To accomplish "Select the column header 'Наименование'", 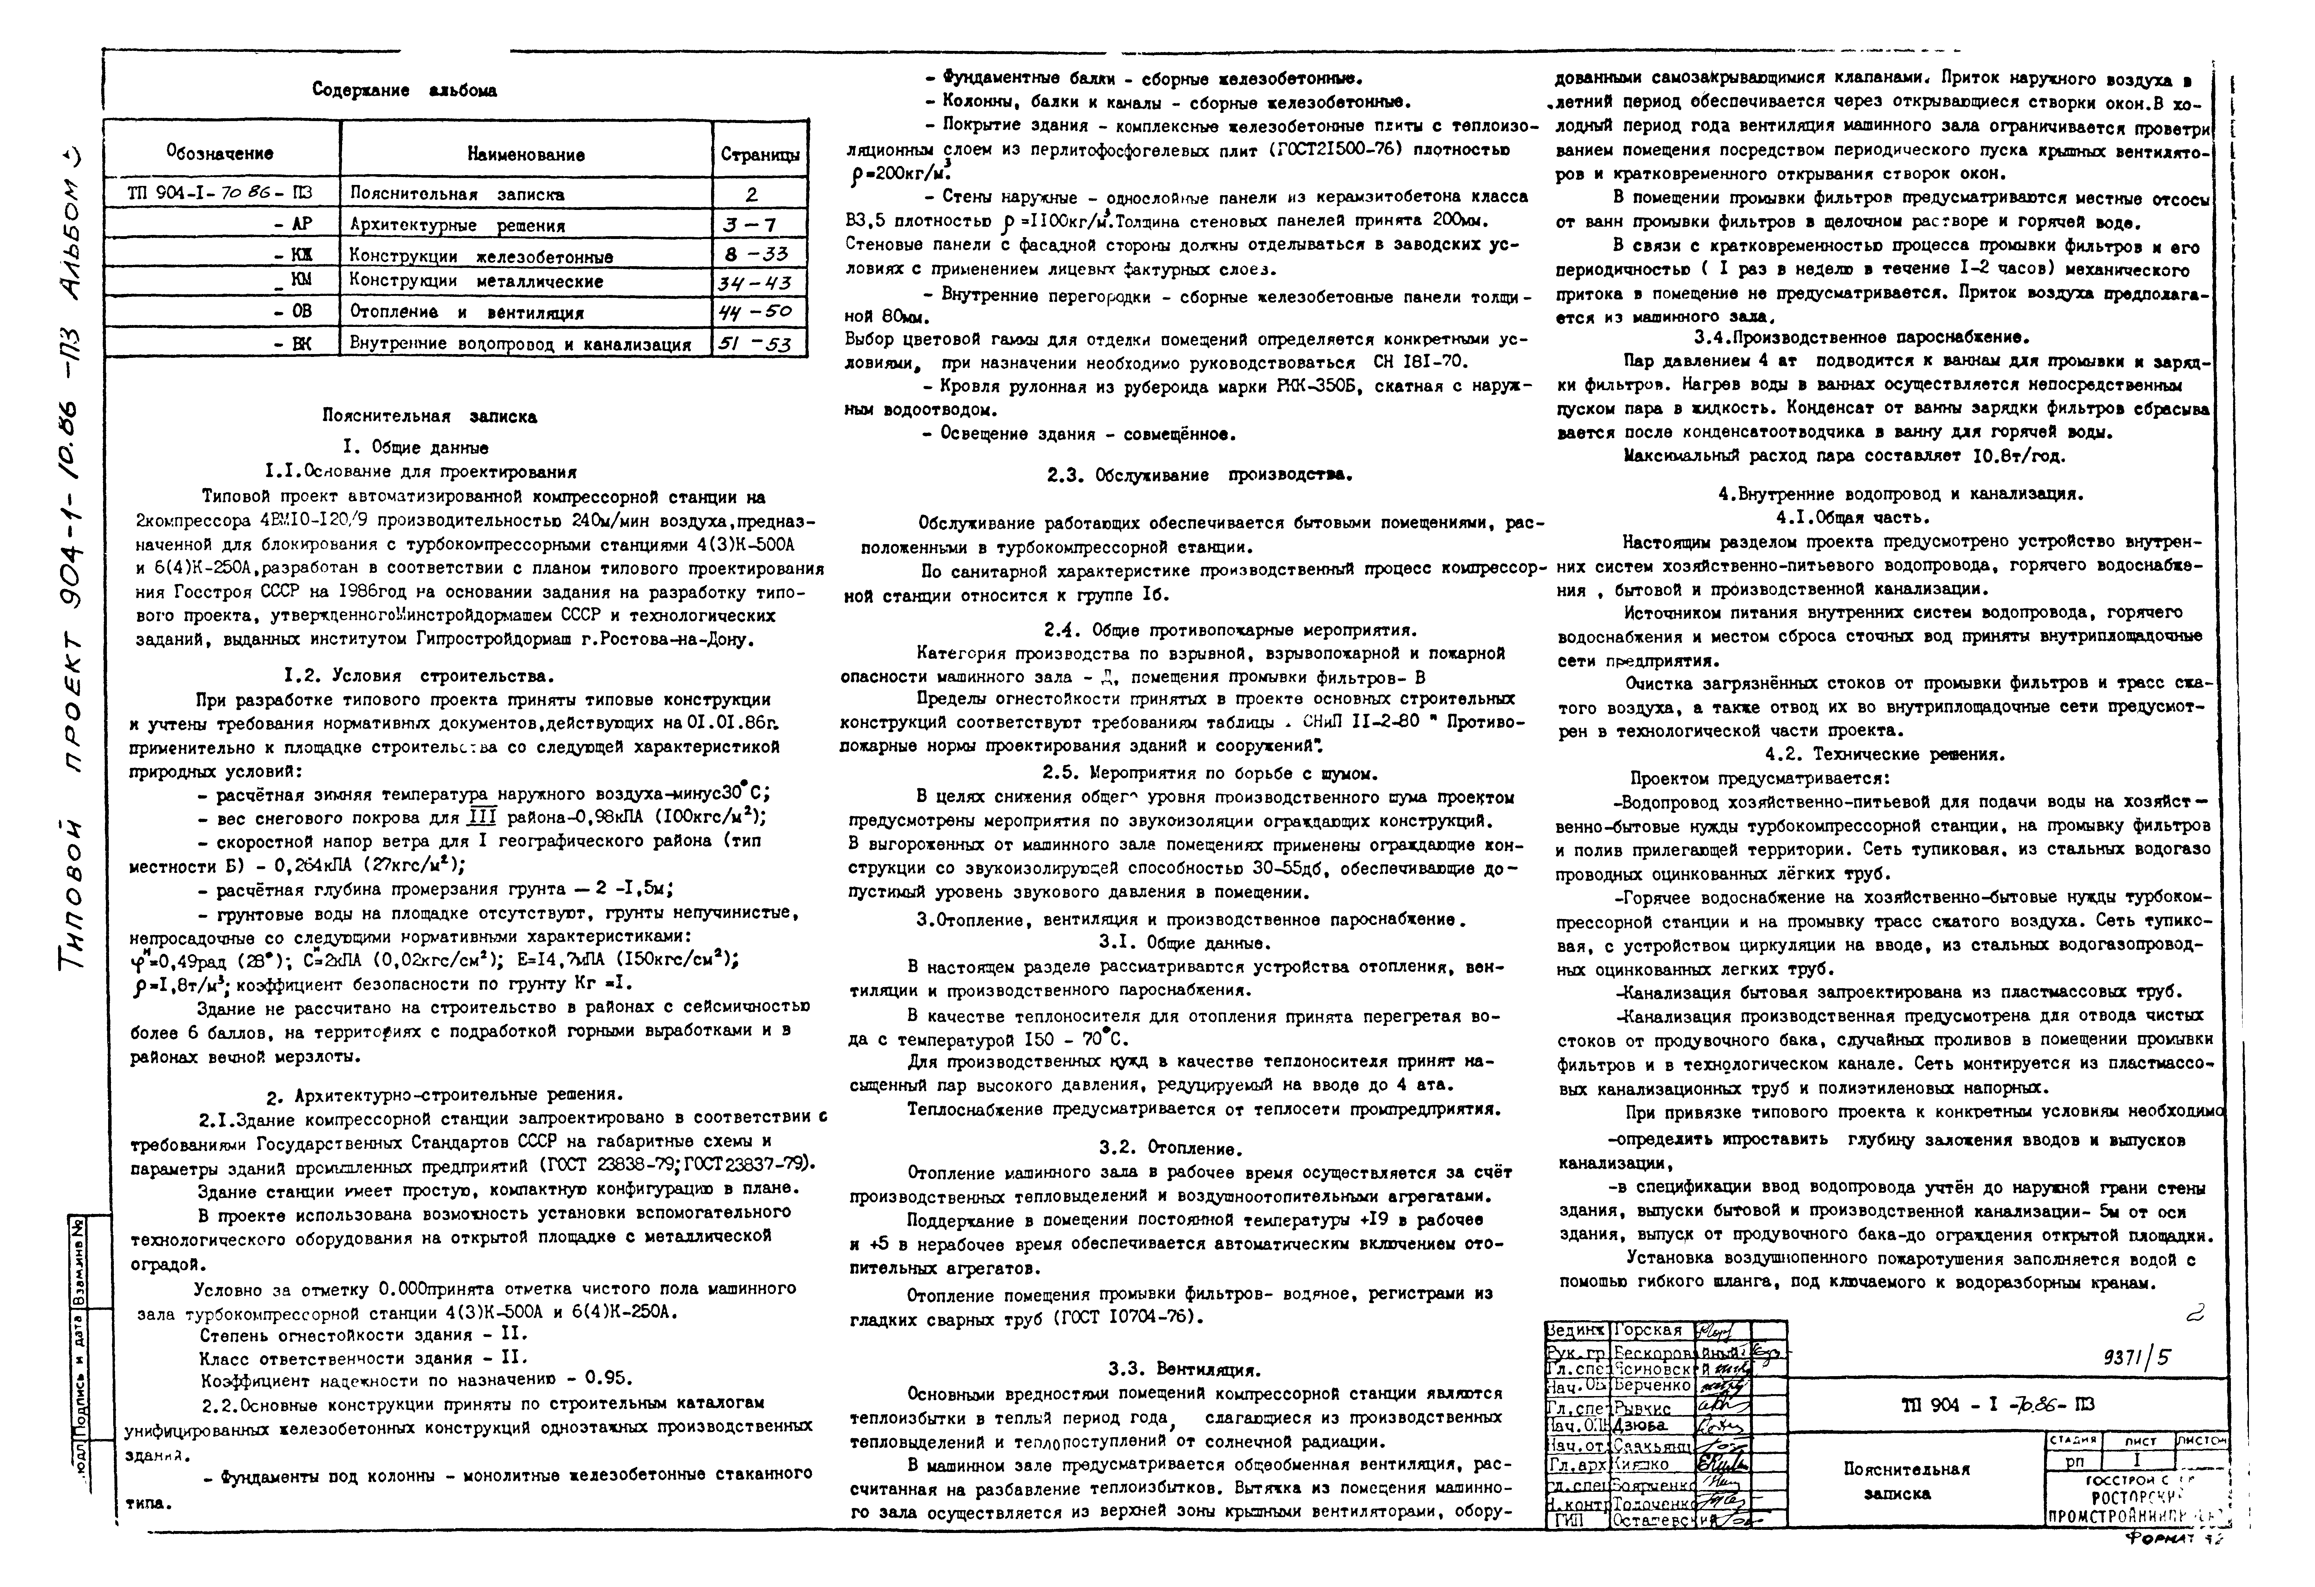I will pyautogui.click(x=526, y=154).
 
